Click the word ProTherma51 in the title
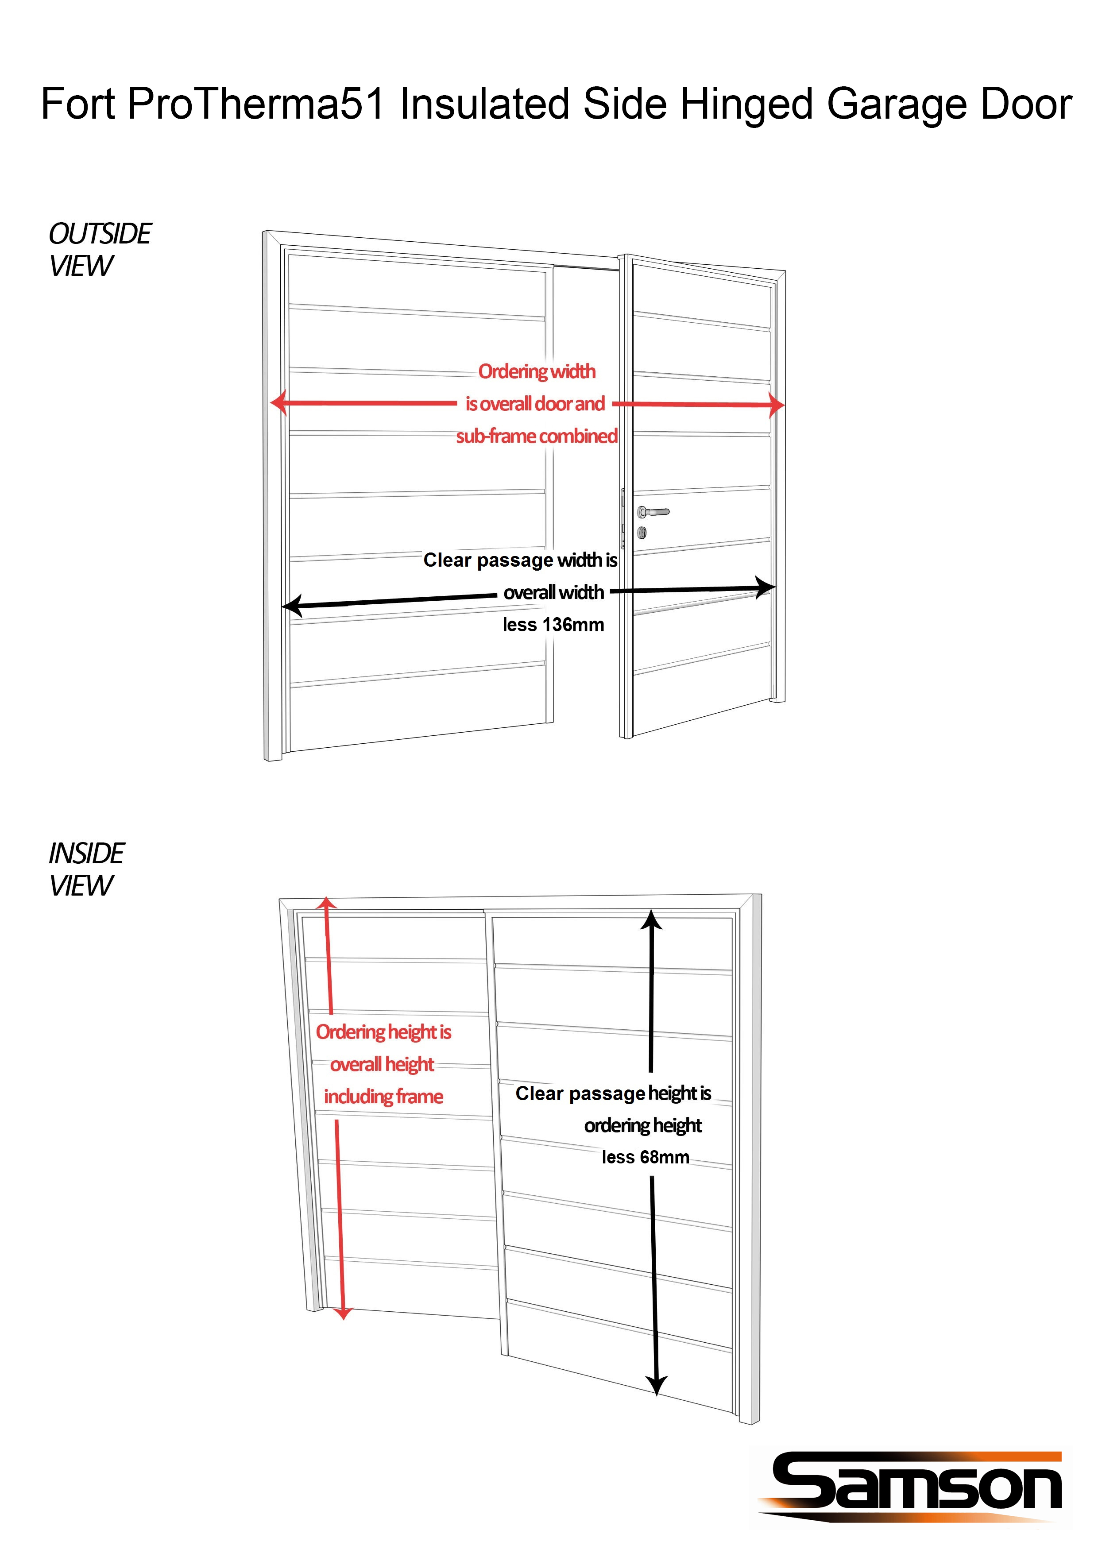coord(256,105)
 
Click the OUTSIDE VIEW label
coord(100,249)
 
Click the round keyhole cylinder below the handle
coord(642,533)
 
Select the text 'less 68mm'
coord(646,1157)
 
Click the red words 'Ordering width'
coord(537,371)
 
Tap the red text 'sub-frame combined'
coord(537,436)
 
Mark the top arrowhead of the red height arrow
coord(327,904)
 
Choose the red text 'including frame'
coord(383,1097)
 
